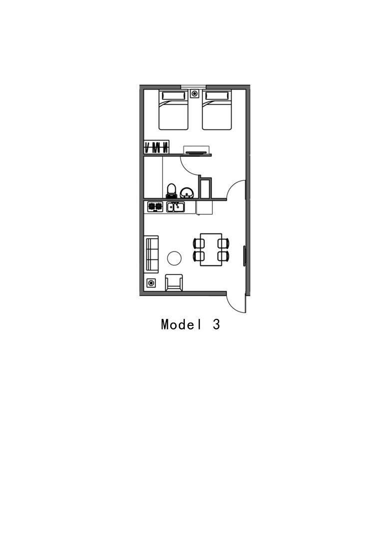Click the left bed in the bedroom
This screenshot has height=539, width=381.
coord(173,110)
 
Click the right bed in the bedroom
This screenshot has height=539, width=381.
coord(217,110)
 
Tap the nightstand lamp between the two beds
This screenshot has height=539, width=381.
coord(195,93)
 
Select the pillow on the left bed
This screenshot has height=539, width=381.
coord(173,95)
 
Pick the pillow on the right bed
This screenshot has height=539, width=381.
coord(217,95)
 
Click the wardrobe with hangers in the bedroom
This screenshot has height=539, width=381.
coord(156,147)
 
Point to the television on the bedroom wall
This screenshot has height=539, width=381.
coord(196,151)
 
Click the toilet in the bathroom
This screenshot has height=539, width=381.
coord(171,191)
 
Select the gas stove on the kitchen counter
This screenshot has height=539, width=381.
coord(155,207)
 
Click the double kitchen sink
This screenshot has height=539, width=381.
coord(176,207)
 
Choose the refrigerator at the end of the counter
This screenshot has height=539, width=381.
coord(204,207)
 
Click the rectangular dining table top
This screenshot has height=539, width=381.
coord(211,250)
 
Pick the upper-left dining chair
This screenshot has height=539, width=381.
coord(199,243)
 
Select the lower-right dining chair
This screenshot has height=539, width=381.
coord(224,256)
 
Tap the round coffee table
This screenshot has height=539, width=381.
coord(174,258)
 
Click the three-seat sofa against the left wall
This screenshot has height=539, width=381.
coord(151,254)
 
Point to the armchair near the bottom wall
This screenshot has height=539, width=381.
coord(174,282)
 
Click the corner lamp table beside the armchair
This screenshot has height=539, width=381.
coord(151,283)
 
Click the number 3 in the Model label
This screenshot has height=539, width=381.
coord(216,324)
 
